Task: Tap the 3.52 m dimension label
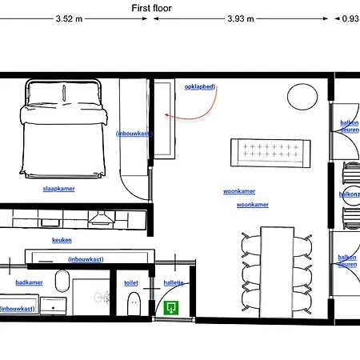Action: tap(70, 19)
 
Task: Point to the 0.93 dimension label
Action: tap(350, 19)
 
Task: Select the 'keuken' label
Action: tap(62, 240)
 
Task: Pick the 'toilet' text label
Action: tap(131, 282)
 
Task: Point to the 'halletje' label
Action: tap(174, 282)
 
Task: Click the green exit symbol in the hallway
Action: tap(170, 306)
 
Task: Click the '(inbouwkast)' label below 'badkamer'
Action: tap(18, 308)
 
